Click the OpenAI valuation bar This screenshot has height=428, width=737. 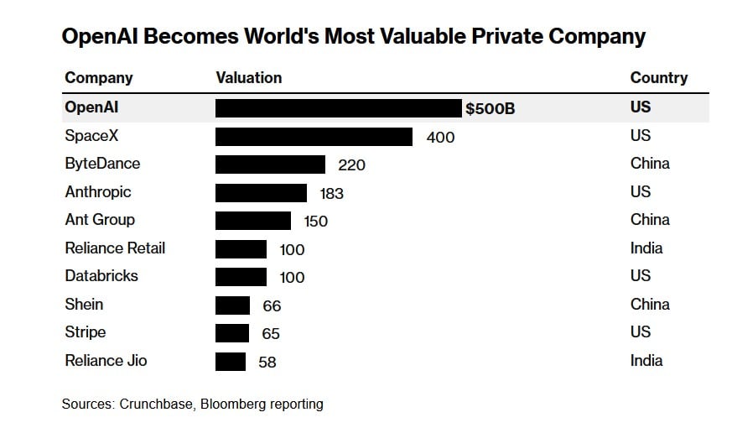click(x=340, y=108)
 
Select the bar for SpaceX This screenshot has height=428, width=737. click(x=314, y=137)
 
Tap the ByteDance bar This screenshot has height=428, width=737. click(x=270, y=164)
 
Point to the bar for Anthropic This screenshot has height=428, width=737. click(x=261, y=193)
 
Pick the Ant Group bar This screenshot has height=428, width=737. click(x=253, y=221)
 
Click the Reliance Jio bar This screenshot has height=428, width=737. click(x=231, y=362)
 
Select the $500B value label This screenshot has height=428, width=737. click(x=490, y=109)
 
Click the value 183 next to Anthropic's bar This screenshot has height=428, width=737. click(x=331, y=194)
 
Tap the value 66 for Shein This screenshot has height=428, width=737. click(x=272, y=306)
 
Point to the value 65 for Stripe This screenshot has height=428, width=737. click(x=271, y=334)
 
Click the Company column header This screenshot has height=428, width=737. click(x=99, y=78)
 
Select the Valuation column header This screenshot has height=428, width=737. click(x=249, y=78)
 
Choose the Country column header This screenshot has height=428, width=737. click(x=659, y=78)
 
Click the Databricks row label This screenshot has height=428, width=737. click(x=101, y=276)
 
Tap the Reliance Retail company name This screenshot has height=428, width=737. click(x=115, y=248)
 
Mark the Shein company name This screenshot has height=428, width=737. click(x=84, y=305)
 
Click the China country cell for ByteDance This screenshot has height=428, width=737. click(x=650, y=164)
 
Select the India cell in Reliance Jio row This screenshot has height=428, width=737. click(x=646, y=361)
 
